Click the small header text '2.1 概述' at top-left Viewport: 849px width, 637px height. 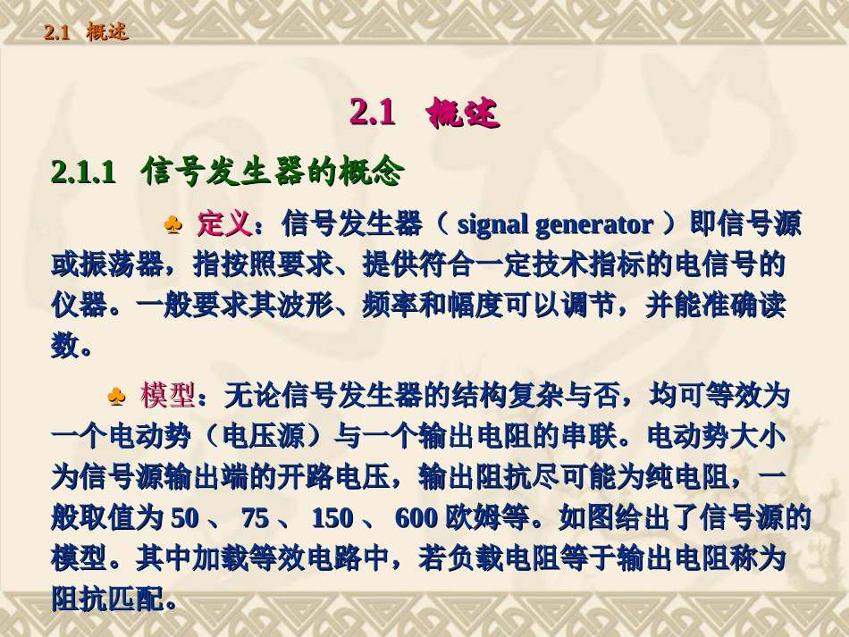point(86,32)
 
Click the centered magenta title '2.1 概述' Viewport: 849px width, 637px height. point(424,113)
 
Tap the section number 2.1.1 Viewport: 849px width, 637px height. point(84,172)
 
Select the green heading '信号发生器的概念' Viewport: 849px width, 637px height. point(273,172)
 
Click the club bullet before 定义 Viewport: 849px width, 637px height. point(173,222)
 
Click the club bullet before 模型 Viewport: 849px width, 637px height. point(116,395)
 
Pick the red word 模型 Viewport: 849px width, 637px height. point(167,395)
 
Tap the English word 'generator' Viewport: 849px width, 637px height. point(593,223)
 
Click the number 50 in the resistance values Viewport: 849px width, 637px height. point(184,517)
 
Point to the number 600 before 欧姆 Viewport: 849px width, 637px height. point(415,517)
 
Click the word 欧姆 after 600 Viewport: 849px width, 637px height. point(477,517)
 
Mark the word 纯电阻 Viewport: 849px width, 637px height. point(687,477)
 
